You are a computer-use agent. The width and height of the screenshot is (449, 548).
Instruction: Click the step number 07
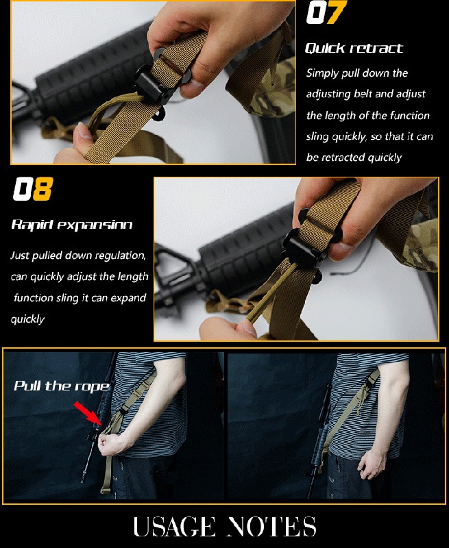(326, 12)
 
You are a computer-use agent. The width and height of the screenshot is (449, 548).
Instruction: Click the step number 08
(33, 189)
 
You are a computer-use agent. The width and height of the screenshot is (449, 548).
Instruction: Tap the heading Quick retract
(354, 48)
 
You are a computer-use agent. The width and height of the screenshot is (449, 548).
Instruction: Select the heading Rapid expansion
(72, 224)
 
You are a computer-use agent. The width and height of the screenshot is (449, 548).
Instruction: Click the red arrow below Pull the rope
(88, 413)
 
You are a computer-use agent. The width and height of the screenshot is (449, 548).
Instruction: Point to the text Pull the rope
(62, 386)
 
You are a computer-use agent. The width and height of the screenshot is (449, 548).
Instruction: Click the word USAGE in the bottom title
(174, 526)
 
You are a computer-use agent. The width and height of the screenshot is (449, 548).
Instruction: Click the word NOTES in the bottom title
(271, 526)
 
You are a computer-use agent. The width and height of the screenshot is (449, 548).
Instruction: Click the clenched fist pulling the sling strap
(108, 443)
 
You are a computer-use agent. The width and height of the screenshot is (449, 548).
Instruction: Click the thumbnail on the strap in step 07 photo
(83, 132)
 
